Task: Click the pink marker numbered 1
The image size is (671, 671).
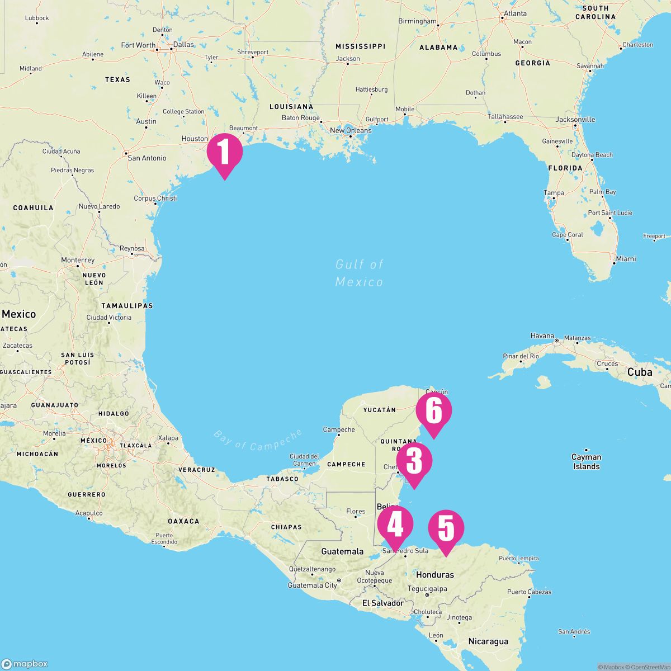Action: (224, 152)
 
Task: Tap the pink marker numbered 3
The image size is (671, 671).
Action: (414, 462)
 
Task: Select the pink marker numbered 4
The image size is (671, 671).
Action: (395, 525)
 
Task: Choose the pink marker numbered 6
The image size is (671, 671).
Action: (434, 411)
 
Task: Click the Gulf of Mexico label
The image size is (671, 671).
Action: (360, 273)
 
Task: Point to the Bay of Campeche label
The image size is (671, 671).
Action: (258, 440)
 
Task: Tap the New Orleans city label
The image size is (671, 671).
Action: (351, 130)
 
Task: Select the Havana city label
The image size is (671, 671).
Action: (542, 336)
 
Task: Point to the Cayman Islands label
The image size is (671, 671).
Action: (586, 461)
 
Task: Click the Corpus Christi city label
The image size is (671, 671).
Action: (155, 199)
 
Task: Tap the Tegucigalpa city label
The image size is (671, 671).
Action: (427, 588)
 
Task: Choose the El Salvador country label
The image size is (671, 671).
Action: (382, 603)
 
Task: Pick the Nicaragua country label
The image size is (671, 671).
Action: (488, 641)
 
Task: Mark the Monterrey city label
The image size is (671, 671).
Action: (78, 261)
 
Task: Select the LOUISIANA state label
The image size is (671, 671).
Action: (291, 106)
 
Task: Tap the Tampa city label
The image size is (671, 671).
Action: (554, 193)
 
